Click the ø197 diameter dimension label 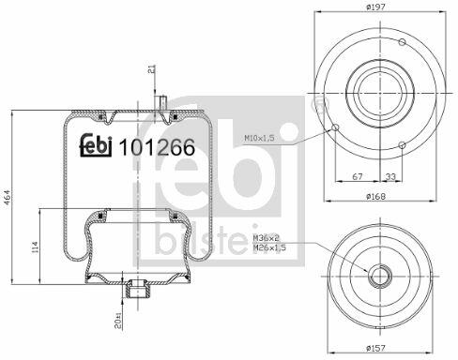(376, 7)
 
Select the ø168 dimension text (376, 197)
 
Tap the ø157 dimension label (376, 348)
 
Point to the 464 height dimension (8, 198)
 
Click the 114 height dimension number (35, 247)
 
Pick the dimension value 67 (358, 176)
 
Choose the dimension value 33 (390, 176)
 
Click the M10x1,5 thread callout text (259, 138)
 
